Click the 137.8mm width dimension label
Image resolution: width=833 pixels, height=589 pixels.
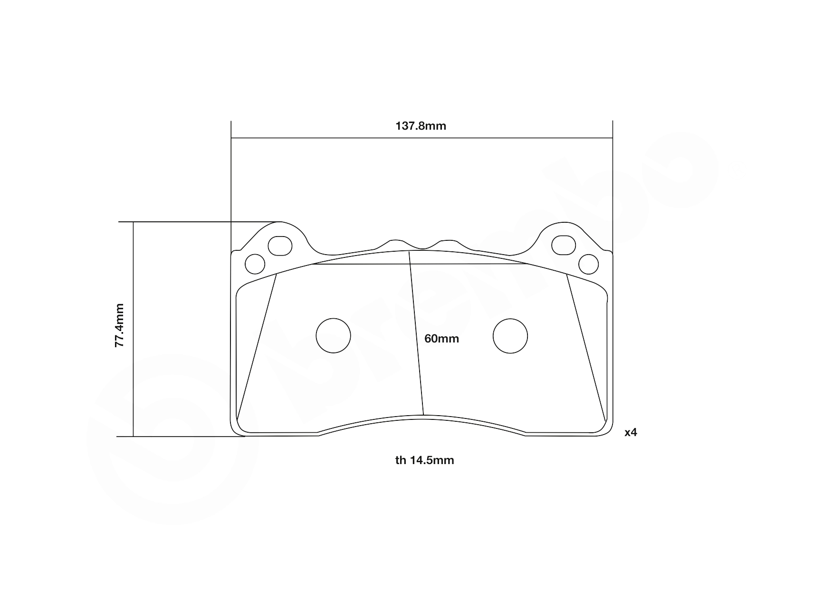421,126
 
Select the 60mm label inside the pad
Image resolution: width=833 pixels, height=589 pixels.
441,339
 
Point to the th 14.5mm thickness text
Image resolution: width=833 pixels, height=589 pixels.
424,460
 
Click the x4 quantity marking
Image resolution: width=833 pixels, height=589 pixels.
631,433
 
